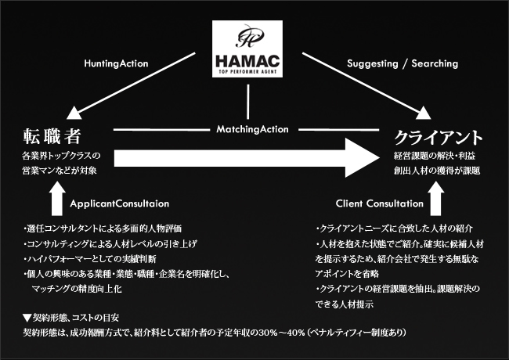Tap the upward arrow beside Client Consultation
[x=437, y=200]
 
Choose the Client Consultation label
[x=378, y=203]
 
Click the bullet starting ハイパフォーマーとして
[x=94, y=259]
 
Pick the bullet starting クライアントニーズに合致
[x=394, y=229]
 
